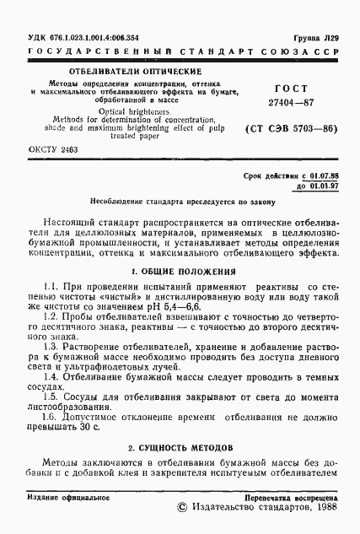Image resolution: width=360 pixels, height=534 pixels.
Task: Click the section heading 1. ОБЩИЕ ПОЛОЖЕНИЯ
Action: click(179, 272)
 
